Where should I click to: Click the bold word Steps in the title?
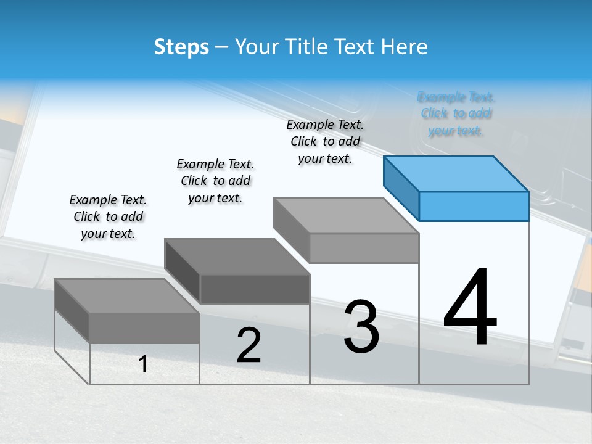(181, 47)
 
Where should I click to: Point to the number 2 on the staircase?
(249, 345)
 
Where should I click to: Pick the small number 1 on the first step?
(143, 364)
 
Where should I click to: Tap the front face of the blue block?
(474, 206)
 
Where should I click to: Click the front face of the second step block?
(255, 289)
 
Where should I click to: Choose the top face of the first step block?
(126, 295)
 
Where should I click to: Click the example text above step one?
(108, 216)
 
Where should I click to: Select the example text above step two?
(215, 181)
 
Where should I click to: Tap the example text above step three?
(325, 141)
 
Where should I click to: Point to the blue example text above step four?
(456, 113)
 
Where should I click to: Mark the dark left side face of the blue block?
(401, 187)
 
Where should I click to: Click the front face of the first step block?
(144, 327)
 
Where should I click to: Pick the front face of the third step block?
(364, 248)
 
